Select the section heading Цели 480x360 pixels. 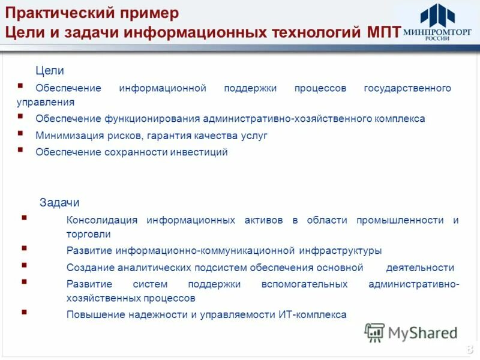click(50, 71)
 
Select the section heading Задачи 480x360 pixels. click(59, 203)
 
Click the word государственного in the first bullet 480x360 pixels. click(407, 88)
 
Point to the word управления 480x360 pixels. click(46, 102)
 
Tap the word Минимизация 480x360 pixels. click(64, 136)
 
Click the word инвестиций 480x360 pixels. click(200, 152)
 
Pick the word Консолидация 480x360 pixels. click(102, 220)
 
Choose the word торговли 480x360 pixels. click(89, 234)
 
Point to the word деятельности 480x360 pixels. click(420, 268)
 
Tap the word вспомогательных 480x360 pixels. click(304, 284)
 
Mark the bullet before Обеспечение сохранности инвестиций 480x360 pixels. click(21, 150)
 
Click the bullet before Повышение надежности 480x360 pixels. click(24, 312)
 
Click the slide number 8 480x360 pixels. click(469, 350)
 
